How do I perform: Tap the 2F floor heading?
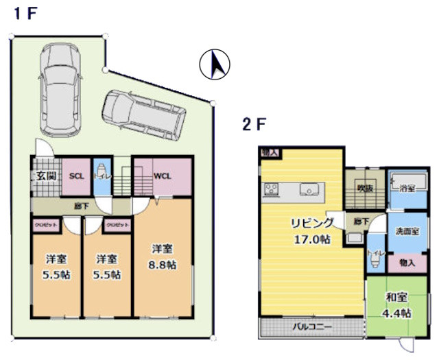tap(253, 125)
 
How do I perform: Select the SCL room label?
tap(76, 176)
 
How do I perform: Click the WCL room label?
tap(162, 176)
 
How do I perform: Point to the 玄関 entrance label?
tap(46, 176)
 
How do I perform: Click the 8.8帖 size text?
tap(163, 265)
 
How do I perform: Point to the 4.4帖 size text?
tap(396, 313)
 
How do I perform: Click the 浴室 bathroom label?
tap(409, 185)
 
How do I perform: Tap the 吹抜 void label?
tap(364, 188)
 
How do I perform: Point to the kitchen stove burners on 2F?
tap(271, 188)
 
